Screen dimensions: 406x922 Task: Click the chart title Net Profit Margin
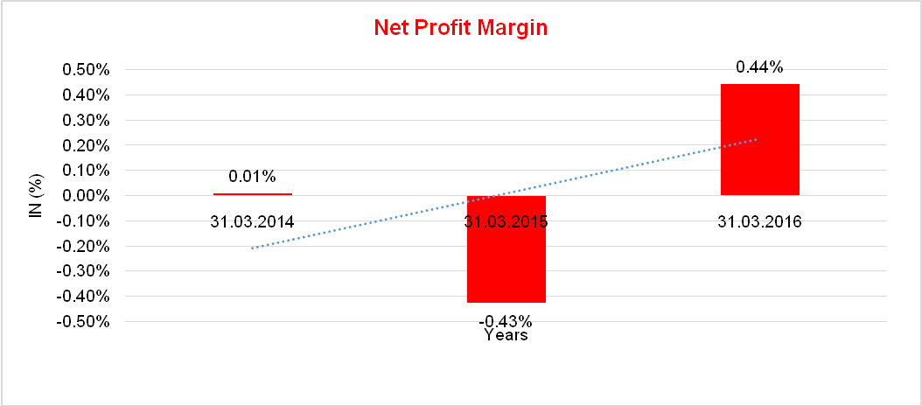click(460, 28)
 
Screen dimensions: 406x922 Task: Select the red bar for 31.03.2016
click(759, 140)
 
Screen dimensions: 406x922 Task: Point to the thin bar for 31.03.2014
click(253, 193)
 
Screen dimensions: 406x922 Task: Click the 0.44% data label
click(759, 66)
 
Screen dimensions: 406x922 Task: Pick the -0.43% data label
click(506, 319)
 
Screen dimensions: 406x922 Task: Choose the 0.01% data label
click(252, 177)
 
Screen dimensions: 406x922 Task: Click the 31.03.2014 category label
click(252, 221)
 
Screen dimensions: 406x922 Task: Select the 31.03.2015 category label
click(506, 221)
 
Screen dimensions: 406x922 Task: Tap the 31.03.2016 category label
click(759, 221)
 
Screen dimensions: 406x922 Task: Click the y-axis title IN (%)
click(36, 195)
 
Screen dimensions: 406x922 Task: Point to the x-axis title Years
click(506, 335)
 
